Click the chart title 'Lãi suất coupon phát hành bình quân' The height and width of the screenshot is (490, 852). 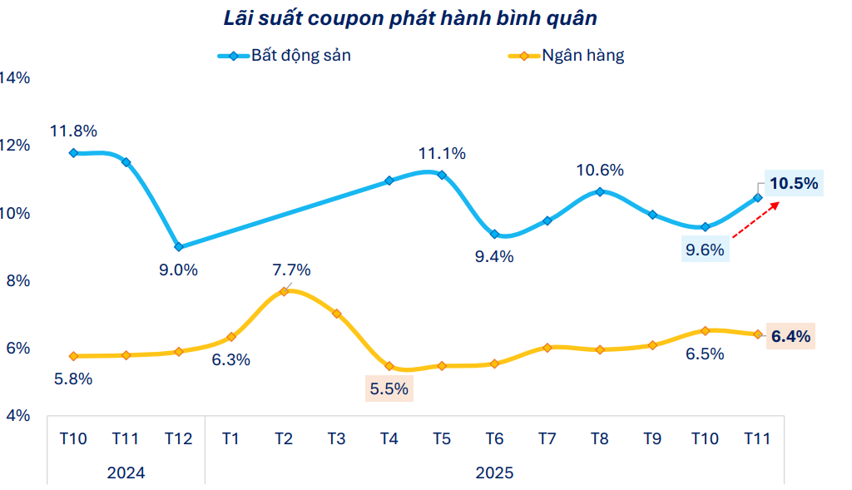point(409,17)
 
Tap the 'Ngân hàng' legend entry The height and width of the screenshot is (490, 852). point(582,56)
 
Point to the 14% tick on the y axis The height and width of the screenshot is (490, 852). point(15,77)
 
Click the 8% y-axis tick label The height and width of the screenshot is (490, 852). point(17,280)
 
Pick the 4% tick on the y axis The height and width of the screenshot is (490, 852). point(17,415)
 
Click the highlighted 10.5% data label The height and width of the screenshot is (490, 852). point(794,183)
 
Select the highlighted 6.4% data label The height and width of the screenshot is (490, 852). point(790,337)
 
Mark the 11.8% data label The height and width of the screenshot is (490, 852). point(73,131)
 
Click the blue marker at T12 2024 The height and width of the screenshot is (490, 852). point(179,247)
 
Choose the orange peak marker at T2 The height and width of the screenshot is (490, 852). point(284,291)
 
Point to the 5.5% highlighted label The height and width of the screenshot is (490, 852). point(389,389)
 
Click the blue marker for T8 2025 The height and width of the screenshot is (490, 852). point(600,192)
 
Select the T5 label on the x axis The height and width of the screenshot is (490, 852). point(442,439)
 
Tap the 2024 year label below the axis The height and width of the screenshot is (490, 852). point(126,473)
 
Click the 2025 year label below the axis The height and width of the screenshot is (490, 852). point(494,473)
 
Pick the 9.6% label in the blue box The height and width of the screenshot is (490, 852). point(705,249)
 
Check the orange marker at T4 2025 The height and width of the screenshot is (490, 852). point(389,366)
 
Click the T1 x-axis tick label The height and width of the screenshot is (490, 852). point(230,439)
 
